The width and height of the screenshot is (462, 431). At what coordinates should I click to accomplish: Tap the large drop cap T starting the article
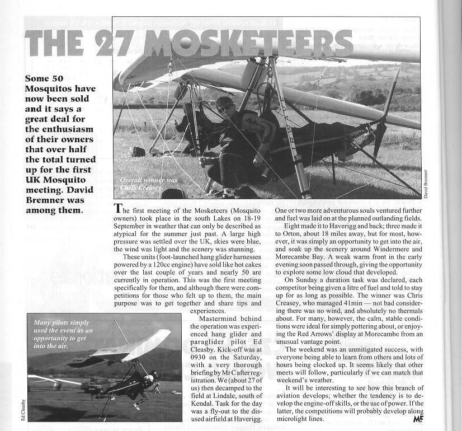pyautogui.click(x=117, y=208)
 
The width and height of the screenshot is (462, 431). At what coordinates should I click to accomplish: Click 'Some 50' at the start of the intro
pyautogui.click(x=43, y=78)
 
